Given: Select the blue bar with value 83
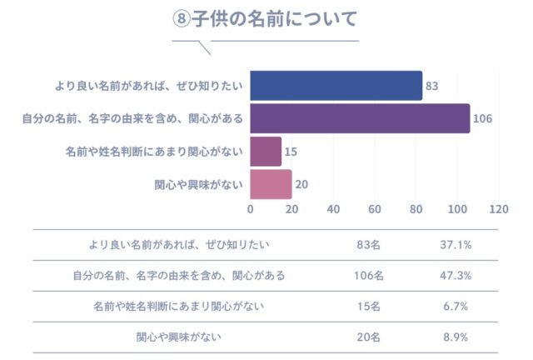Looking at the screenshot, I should coord(336,85).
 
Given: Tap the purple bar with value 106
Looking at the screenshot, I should coord(360,118).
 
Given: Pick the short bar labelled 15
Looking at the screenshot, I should coord(266,152).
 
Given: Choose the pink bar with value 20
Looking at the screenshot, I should coord(271,184).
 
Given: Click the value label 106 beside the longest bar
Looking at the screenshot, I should coord(483,118).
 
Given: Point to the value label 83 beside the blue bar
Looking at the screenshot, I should coord(431,85).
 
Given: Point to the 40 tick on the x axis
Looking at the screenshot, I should coord(334,209).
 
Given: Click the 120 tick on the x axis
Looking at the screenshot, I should coord(499,209).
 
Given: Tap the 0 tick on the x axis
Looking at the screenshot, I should coord(251,209).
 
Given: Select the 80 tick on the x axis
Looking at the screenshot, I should coord(416,209).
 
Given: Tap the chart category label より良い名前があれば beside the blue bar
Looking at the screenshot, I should coord(149,85).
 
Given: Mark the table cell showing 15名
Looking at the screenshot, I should coord(367,307).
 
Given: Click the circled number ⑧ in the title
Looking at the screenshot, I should coord(182,18).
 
